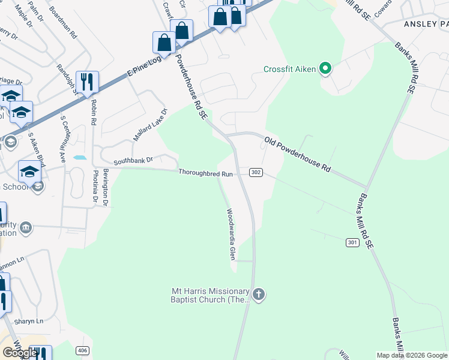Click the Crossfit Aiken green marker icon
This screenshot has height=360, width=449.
(325, 69)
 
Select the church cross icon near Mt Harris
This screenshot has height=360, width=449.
(259, 295)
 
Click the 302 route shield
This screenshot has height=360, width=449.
(255, 173)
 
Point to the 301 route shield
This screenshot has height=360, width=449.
(353, 242)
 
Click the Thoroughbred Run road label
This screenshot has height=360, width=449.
(205, 173)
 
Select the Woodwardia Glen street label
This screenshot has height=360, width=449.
(230, 233)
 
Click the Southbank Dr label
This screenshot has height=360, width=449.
(134, 161)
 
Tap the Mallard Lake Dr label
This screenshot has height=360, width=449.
(150, 124)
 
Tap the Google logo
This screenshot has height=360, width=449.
(20, 353)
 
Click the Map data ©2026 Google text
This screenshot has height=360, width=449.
(412, 355)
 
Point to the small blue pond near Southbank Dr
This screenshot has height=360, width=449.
(79, 158)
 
